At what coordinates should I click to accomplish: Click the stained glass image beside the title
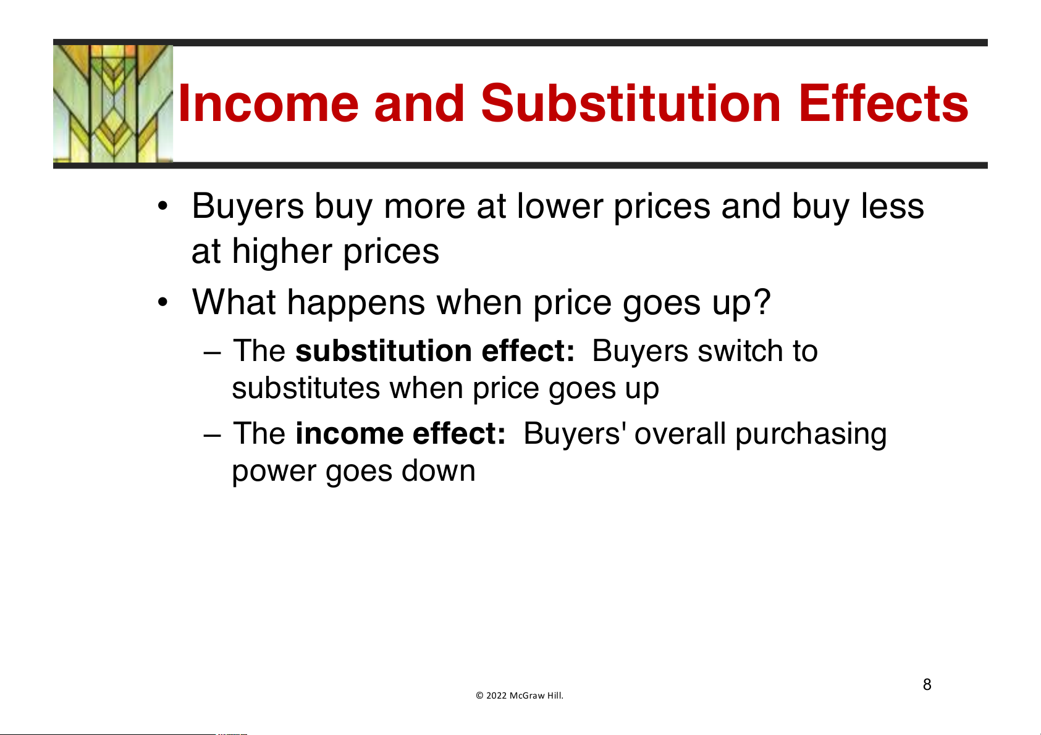[x=113, y=104]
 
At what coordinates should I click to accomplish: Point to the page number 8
[x=927, y=684]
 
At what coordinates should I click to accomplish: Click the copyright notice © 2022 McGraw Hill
[x=519, y=696]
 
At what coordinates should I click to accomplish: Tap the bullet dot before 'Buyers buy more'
[x=162, y=206]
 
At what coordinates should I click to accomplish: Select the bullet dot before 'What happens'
[x=162, y=302]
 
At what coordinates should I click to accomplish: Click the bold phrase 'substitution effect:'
[x=435, y=351]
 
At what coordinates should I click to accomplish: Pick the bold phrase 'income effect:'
[x=400, y=434]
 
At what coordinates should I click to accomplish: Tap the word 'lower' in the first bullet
[x=560, y=206]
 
